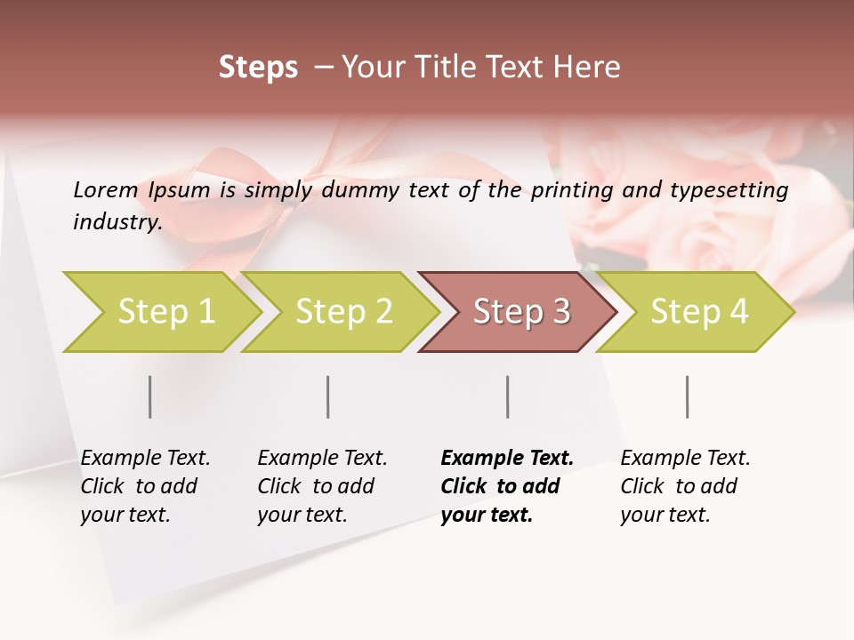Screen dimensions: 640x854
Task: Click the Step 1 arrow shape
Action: (x=165, y=311)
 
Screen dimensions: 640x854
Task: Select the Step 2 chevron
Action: (x=343, y=311)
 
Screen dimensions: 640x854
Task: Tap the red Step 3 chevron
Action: (x=520, y=311)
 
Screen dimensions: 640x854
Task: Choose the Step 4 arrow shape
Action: (x=699, y=311)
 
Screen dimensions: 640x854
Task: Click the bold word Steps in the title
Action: (x=258, y=67)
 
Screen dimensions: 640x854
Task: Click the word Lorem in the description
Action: (x=106, y=189)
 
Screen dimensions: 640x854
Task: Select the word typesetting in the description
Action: (x=730, y=189)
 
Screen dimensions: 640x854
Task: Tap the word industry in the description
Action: (x=117, y=222)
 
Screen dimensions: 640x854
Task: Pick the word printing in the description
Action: (x=569, y=189)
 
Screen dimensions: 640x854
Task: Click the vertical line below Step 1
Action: (x=150, y=396)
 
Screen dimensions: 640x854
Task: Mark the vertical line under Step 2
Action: (x=328, y=396)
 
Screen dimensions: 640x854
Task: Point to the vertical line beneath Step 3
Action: (x=508, y=396)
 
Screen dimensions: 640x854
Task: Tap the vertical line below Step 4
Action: (x=688, y=396)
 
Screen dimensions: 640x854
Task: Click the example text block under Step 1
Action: (x=144, y=486)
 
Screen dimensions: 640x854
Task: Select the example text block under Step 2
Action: (x=321, y=486)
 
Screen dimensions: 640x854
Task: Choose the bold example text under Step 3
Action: (x=506, y=486)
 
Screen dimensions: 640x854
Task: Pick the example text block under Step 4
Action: (x=684, y=486)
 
